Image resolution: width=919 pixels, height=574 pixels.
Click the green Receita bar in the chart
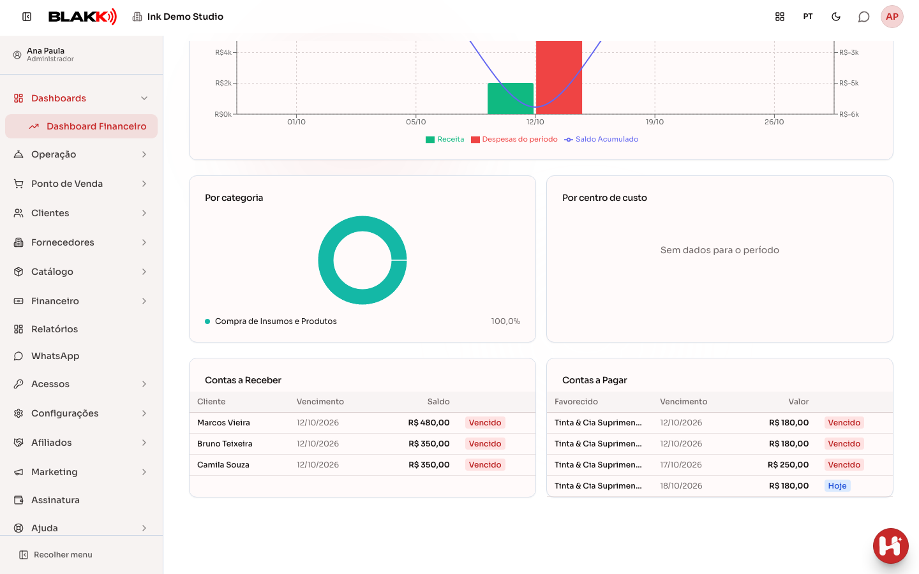[511, 98]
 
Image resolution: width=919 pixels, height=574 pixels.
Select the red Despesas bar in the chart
[559, 77]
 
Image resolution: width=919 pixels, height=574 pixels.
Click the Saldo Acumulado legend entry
[601, 140]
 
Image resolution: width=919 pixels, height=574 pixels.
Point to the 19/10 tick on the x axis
[654, 122]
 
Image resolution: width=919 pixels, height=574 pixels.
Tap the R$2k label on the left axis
[223, 83]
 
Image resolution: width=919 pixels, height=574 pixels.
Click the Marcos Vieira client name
[223, 423]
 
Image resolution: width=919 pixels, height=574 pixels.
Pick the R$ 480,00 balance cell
[429, 423]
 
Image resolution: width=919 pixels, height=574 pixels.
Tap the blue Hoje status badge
[837, 486]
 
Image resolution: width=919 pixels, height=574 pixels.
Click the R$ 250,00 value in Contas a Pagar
[788, 465]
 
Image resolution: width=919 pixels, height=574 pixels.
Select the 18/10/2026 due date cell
[681, 486]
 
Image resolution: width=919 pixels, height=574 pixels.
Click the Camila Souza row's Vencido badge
[485, 465]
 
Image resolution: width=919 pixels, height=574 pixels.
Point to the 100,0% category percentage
[505, 321]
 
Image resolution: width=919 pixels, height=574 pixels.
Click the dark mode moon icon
[836, 17]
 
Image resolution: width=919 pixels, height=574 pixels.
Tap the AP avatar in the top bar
[892, 17]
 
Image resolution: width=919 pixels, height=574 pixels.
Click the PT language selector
[808, 17]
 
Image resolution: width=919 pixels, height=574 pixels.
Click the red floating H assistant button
[890, 546]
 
